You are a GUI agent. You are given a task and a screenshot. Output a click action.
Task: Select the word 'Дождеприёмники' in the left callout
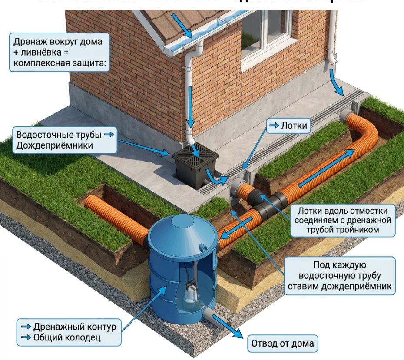pyautogui.click(x=54, y=145)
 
